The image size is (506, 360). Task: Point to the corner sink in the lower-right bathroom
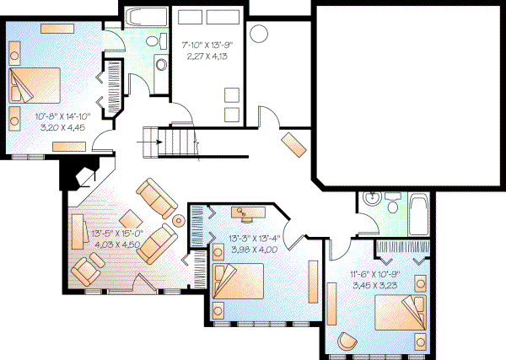pyautogui.click(x=369, y=199)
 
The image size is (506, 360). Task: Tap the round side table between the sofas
pyautogui.click(x=178, y=221)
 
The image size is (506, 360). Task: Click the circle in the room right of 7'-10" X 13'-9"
pyautogui.click(x=259, y=35)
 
